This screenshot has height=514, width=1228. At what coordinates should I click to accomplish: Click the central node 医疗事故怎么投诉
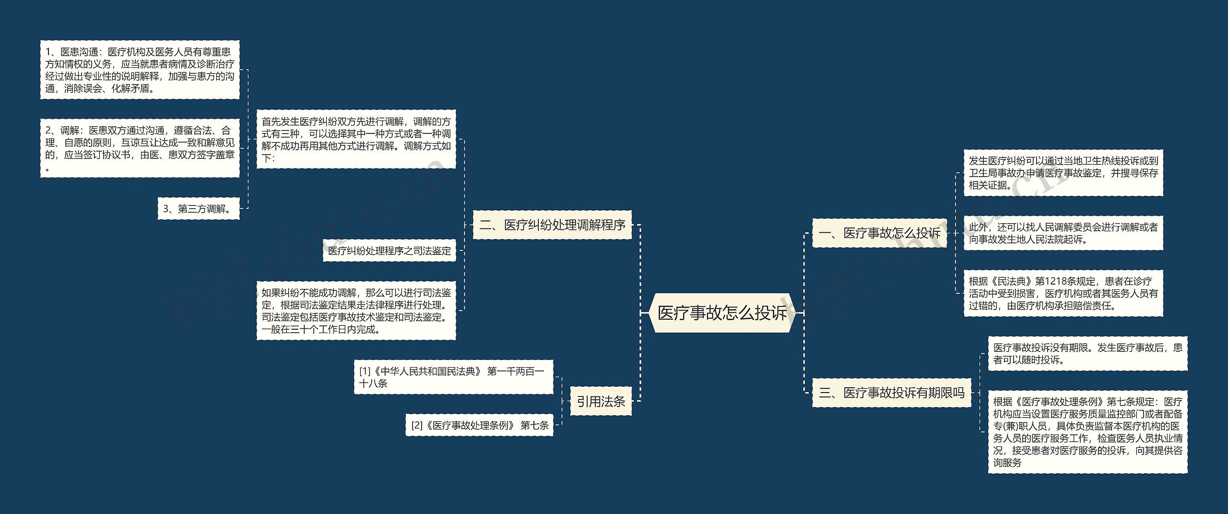tap(721, 313)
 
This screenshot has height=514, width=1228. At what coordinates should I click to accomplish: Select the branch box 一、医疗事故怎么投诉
tap(879, 233)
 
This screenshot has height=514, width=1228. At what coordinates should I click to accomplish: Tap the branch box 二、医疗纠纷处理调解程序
tap(552, 225)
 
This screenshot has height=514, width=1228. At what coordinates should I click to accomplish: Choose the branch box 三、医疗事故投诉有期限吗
tap(891, 393)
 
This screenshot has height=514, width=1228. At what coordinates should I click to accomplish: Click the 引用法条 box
tap(601, 401)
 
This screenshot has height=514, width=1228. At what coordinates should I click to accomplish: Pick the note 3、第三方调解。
tap(199, 209)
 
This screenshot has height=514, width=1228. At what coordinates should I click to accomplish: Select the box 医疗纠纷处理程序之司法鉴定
tap(389, 251)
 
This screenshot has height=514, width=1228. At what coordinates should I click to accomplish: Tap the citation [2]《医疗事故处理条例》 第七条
tap(479, 425)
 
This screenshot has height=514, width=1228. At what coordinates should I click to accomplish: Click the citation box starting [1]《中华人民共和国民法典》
tap(453, 377)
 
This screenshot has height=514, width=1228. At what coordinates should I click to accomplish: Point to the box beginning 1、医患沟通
tap(140, 70)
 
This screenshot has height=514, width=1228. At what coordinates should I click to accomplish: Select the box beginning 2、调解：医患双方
tap(140, 148)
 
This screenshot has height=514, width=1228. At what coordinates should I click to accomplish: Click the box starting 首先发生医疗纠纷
tap(356, 139)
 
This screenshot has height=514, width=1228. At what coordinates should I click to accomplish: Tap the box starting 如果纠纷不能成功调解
tap(356, 311)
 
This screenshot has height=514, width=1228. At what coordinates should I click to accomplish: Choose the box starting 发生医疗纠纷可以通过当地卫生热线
tap(1063, 173)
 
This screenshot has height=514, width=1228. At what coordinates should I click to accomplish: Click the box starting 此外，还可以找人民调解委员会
tap(1063, 233)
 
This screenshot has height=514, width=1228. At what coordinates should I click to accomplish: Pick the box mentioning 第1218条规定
tap(1063, 293)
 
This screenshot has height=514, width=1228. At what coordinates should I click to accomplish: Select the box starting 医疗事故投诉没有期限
tap(1087, 354)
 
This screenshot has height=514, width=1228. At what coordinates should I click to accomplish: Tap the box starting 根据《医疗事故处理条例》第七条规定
tap(1087, 432)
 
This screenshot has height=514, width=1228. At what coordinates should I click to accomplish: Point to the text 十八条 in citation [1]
tap(373, 383)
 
